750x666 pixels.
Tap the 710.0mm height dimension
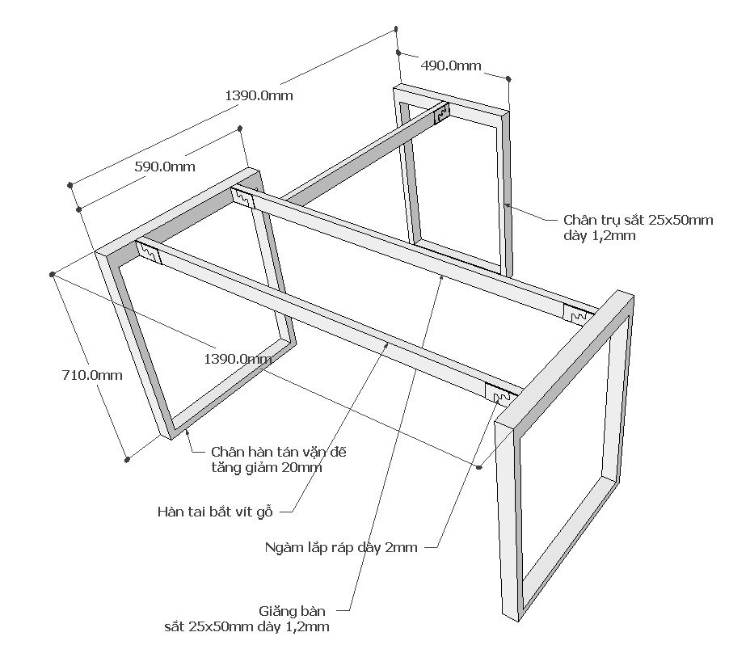coord(92,375)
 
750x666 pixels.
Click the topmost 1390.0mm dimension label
coord(259,95)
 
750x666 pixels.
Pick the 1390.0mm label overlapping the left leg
coord(237,357)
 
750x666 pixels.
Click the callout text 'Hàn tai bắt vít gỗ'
coord(216,511)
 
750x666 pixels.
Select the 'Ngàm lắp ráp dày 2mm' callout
coord(341,547)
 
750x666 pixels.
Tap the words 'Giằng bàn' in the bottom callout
coord(293,611)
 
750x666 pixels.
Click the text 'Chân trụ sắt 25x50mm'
coord(638,220)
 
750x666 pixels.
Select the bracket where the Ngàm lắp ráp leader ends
coord(503,395)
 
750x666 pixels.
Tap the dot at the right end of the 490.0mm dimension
coord(508,78)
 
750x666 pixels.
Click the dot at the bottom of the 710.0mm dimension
coord(127,460)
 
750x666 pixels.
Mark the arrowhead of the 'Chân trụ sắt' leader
coord(506,205)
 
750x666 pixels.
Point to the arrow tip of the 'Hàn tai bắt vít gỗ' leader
coord(388,344)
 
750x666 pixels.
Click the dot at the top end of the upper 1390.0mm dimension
coord(396,29)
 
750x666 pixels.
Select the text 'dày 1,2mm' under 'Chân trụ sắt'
coord(600,236)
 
